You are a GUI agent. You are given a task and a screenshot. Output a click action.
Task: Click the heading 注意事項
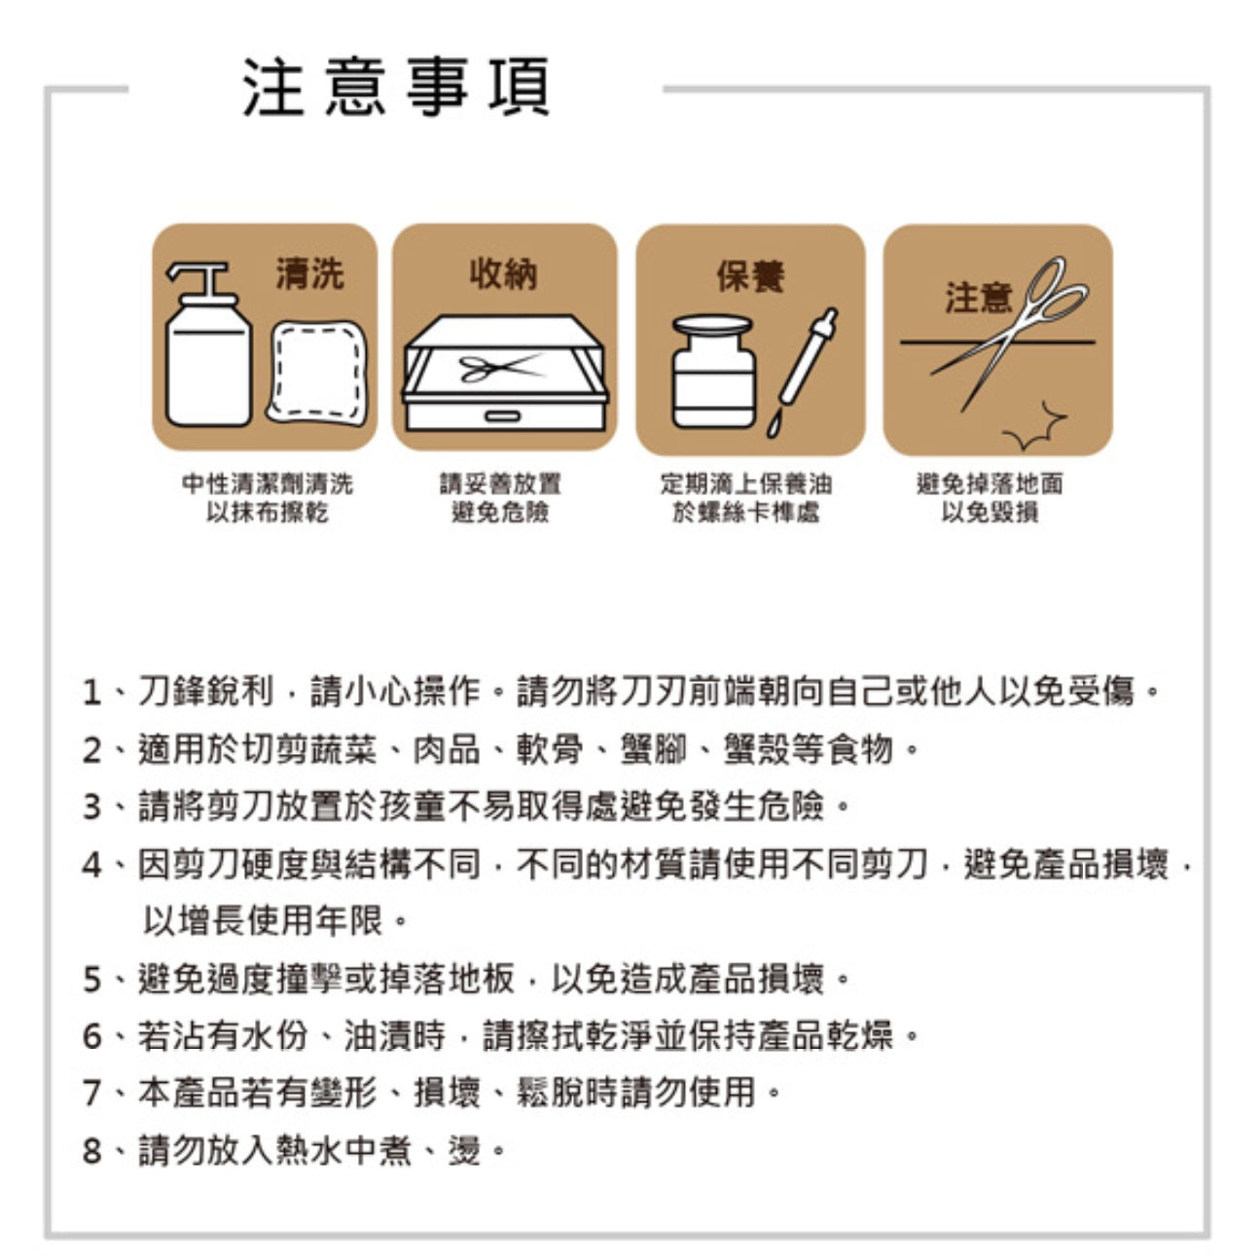(396, 88)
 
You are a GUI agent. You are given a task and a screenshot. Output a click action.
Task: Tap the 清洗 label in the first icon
(309, 274)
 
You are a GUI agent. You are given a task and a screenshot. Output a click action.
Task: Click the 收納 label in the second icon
(503, 274)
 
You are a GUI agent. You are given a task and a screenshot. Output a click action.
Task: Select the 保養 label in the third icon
(749, 276)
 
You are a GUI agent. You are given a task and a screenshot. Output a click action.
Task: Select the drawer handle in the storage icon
(504, 416)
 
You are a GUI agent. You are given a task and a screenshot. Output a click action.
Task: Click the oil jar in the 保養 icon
(713, 372)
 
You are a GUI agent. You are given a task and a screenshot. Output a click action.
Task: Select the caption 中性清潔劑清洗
(268, 484)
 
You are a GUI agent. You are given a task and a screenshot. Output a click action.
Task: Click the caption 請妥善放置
(500, 484)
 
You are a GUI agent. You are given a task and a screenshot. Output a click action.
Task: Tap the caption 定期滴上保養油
(746, 484)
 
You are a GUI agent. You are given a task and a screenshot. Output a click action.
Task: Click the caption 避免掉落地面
(989, 484)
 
